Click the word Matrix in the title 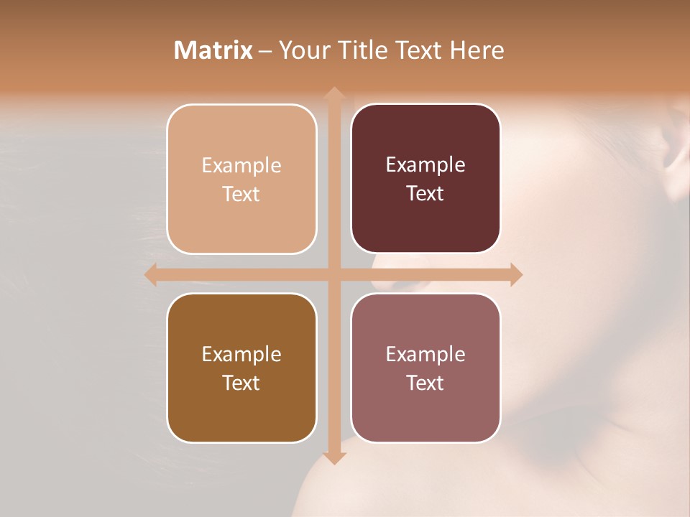[x=213, y=50]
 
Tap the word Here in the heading [x=477, y=50]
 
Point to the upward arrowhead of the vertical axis [x=333, y=93]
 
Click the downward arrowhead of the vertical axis [x=333, y=458]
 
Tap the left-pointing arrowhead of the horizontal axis [x=151, y=274]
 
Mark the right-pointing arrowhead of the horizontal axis [x=516, y=274]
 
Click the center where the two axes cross [x=333, y=274]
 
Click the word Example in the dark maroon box [x=425, y=165]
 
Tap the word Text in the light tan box [x=241, y=195]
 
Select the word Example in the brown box [x=241, y=354]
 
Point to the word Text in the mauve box [x=425, y=383]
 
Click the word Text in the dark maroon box [x=425, y=194]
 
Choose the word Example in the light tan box [x=241, y=166]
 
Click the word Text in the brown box [x=241, y=383]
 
